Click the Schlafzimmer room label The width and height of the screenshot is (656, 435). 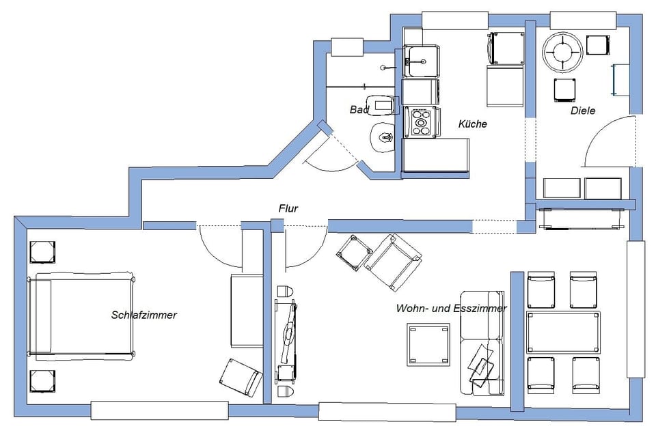pos(144,315)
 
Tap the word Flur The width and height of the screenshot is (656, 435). pos(288,208)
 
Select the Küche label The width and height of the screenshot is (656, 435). pos(472,124)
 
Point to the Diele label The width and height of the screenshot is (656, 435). pos(583,110)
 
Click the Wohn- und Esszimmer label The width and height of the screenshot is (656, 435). pos(451,309)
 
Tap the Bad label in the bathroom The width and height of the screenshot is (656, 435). pos(359,109)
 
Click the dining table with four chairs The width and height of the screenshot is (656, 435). pos(563,333)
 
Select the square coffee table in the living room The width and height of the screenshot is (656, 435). pos(429,344)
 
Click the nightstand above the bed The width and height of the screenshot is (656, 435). pos(42,251)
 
